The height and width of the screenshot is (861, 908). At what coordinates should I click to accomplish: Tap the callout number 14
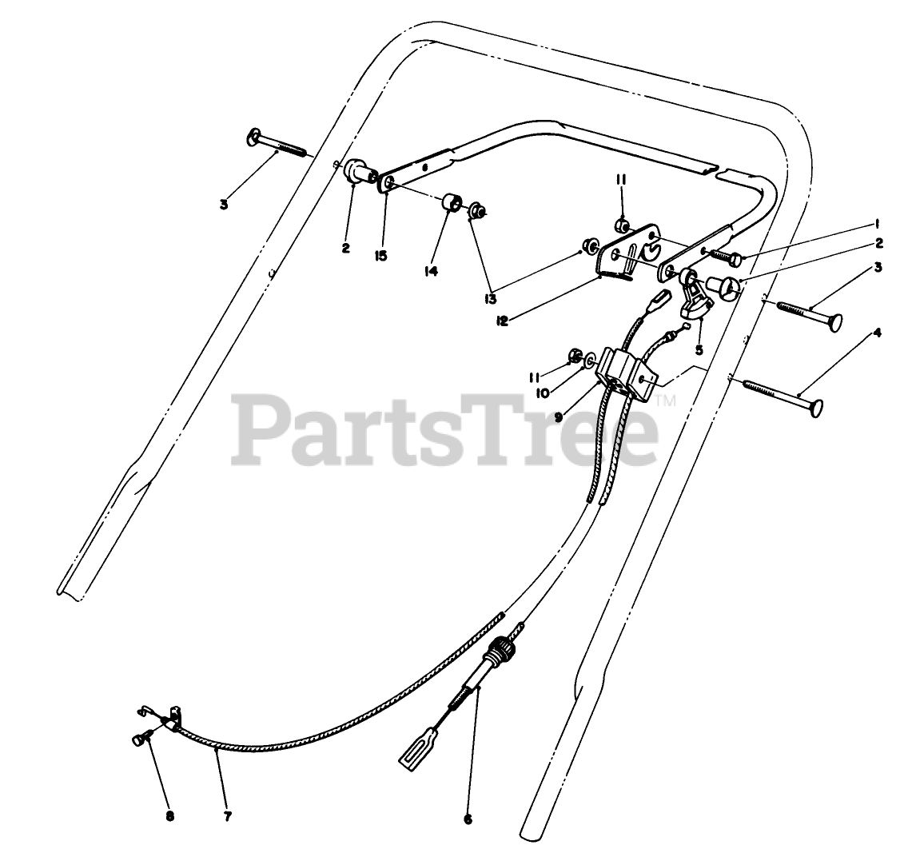(x=431, y=271)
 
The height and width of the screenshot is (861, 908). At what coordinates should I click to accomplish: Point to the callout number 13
(x=489, y=299)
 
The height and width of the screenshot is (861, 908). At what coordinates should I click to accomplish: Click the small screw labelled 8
(x=141, y=740)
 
